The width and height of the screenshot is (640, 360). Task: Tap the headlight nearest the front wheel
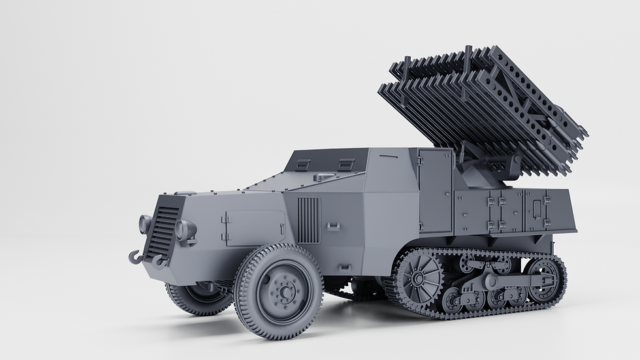tap(185, 231)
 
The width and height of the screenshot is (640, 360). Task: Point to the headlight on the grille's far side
tap(144, 223)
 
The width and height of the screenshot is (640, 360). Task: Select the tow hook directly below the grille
tap(158, 262)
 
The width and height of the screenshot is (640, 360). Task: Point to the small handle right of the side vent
tap(333, 227)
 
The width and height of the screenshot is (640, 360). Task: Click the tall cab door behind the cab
tap(435, 190)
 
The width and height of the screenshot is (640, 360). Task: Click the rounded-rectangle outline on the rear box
tap(537, 208)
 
